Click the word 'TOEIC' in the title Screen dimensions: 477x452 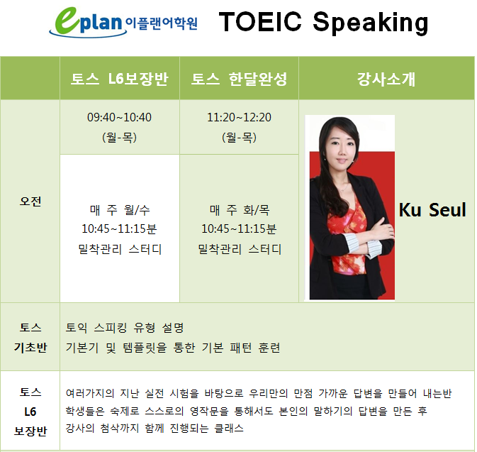coord(260,21)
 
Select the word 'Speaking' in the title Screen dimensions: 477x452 coord(371,23)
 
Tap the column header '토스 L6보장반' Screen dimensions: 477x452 coord(119,79)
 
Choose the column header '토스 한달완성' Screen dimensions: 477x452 coord(239,79)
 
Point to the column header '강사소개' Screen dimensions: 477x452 coord(386,79)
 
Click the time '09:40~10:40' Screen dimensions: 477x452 coord(119,117)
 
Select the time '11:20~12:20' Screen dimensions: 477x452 coord(239,117)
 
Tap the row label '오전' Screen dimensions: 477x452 coord(30,202)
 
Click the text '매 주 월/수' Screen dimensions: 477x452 coord(120,210)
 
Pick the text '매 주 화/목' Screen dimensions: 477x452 coord(240,210)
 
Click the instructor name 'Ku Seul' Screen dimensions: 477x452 coord(432,210)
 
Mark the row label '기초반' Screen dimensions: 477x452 coord(30,347)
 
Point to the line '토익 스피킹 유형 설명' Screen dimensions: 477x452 coord(125,328)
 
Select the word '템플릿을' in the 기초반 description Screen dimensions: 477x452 coord(145,348)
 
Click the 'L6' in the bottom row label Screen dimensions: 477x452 coord(30,412)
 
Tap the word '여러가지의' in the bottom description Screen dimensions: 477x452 coord(90,394)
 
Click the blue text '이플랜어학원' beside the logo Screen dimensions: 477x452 coord(162,23)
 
